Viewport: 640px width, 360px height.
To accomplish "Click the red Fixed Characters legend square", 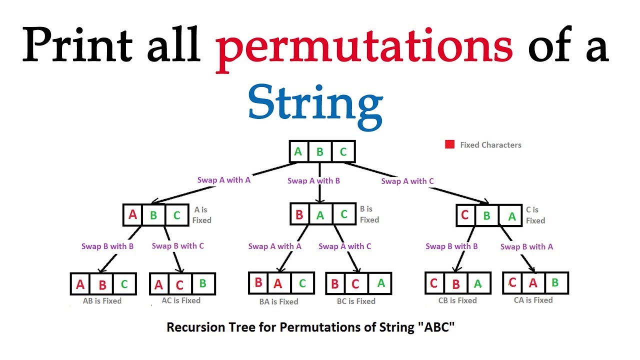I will click(x=449, y=144).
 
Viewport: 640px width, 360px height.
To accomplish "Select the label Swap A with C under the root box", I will click(x=407, y=181).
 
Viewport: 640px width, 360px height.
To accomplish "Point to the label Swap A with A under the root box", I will click(x=223, y=180).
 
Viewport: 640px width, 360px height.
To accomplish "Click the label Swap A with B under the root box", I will click(x=313, y=180).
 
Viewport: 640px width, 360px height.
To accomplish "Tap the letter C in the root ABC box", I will click(x=343, y=151).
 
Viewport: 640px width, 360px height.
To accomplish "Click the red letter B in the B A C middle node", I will click(x=299, y=215).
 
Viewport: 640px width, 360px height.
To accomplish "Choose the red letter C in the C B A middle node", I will click(x=465, y=215).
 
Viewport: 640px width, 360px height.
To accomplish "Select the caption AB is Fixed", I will click(x=102, y=301).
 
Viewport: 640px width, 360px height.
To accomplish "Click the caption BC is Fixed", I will click(x=356, y=301).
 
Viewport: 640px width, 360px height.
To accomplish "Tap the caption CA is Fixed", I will click(x=533, y=300).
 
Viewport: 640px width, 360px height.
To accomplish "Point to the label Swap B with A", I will click(x=526, y=246).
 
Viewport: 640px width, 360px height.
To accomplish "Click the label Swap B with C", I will click(x=177, y=246).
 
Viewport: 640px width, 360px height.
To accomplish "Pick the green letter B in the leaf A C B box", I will click(x=202, y=283).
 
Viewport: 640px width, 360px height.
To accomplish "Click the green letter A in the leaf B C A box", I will click(x=381, y=283).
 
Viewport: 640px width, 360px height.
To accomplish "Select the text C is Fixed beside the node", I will click(x=535, y=215).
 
